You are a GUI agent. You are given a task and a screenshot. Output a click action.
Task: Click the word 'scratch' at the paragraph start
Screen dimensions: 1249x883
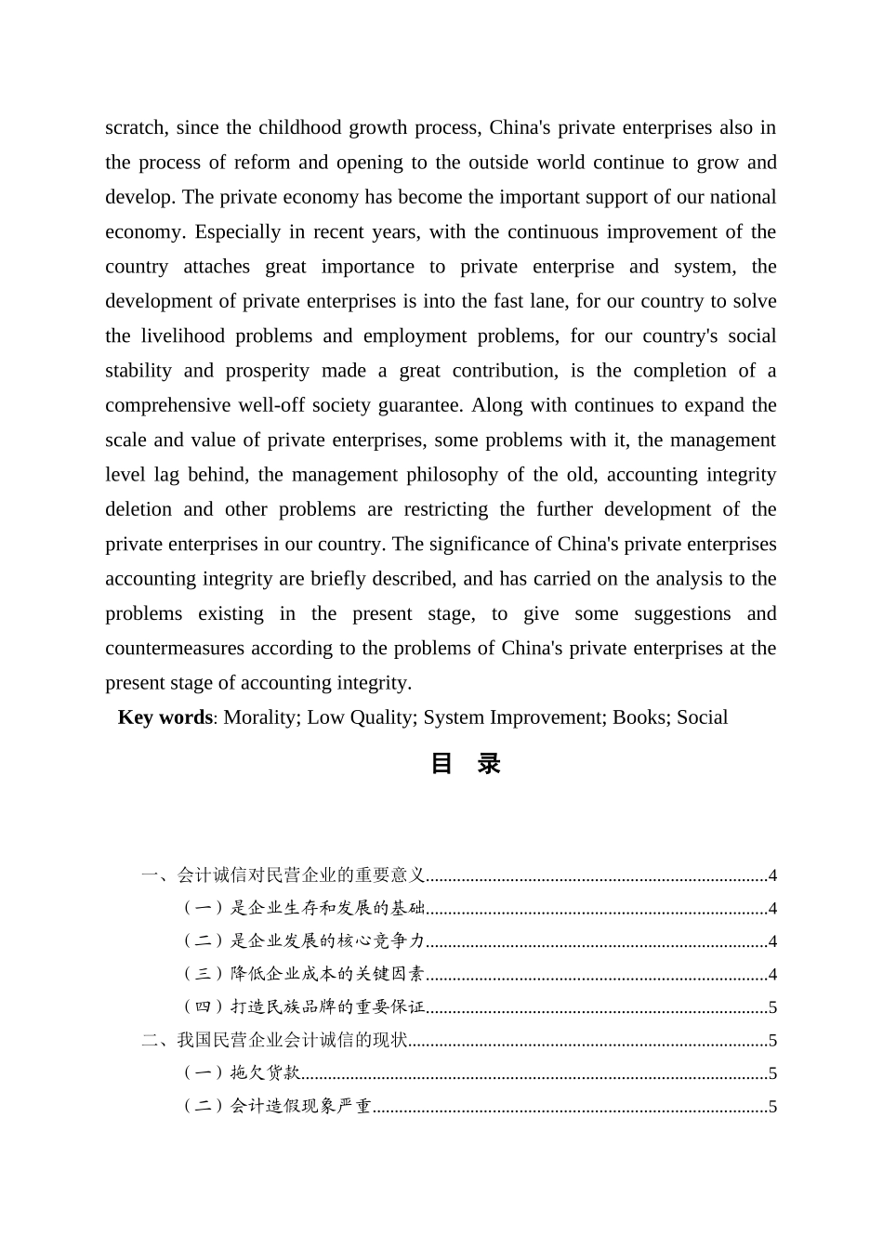(134, 127)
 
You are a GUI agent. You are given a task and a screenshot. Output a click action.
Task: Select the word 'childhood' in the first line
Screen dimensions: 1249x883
(300, 127)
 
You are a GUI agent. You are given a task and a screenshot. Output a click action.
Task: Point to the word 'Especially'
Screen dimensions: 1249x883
(237, 231)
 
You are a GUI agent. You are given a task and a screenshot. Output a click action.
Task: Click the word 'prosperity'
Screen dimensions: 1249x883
(268, 371)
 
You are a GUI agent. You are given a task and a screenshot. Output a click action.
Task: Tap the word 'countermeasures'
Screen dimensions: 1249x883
(175, 648)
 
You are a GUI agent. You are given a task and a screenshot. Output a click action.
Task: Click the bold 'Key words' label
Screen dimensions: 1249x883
(165, 717)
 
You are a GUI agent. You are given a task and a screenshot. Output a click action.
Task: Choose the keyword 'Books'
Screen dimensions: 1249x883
(639, 717)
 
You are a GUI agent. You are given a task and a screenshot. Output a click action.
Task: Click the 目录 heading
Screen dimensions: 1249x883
(466, 764)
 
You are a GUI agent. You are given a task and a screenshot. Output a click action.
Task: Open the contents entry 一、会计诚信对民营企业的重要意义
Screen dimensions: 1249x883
(283, 875)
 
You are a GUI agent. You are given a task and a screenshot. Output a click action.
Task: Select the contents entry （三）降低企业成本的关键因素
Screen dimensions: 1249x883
(301, 974)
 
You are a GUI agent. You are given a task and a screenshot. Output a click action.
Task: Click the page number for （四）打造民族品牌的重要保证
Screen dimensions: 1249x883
(772, 1007)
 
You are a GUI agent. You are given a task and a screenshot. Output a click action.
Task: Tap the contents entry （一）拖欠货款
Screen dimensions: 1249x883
(240, 1073)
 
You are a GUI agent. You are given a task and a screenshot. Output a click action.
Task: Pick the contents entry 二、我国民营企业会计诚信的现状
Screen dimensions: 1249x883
(275, 1041)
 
